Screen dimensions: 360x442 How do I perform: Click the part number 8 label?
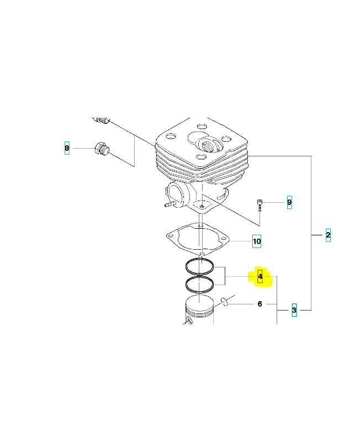pos(67,148)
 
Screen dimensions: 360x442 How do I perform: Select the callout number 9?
pos(289,202)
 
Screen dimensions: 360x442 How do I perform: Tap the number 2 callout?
pos(328,235)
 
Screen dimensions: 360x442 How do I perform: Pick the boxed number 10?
pos(257,241)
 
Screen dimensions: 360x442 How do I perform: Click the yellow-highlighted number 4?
pos(260,277)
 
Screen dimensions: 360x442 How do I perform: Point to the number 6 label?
pos(260,304)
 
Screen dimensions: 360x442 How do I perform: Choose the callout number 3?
pos(294,310)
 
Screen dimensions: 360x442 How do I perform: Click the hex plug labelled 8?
pos(102,148)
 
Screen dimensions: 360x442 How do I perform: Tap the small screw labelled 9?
pos(260,205)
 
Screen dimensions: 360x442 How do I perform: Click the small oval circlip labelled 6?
pos(225,302)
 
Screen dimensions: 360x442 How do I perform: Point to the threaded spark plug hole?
pos(209,145)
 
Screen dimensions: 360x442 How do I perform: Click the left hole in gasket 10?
pos(170,236)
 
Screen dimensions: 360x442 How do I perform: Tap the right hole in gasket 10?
pos(224,239)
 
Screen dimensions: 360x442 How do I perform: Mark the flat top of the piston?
pos(199,302)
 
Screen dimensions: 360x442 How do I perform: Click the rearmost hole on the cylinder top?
pos(202,126)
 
